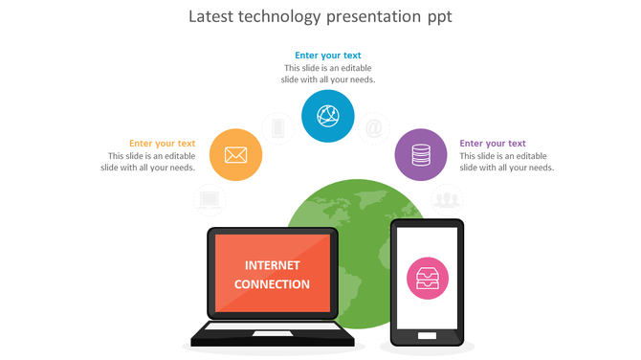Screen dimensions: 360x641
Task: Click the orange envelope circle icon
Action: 235,154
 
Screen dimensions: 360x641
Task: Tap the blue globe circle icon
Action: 328,117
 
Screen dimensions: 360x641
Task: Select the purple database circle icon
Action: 421,154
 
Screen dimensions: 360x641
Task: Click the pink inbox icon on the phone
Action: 427,279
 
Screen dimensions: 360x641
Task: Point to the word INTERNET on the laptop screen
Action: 273,265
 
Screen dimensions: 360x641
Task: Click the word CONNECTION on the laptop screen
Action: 273,284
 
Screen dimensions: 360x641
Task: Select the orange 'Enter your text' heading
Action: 162,144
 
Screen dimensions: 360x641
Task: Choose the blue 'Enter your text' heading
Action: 328,56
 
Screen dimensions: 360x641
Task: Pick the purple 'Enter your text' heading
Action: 493,144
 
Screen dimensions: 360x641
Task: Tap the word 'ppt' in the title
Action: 439,17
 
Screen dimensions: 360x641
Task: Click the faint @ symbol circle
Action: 374,127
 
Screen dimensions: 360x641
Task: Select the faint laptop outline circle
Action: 210,199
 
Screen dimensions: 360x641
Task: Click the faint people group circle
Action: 446,199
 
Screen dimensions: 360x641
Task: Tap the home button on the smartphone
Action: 427,334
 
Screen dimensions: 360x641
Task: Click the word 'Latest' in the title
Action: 210,16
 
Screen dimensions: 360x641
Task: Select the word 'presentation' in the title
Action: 367,17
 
